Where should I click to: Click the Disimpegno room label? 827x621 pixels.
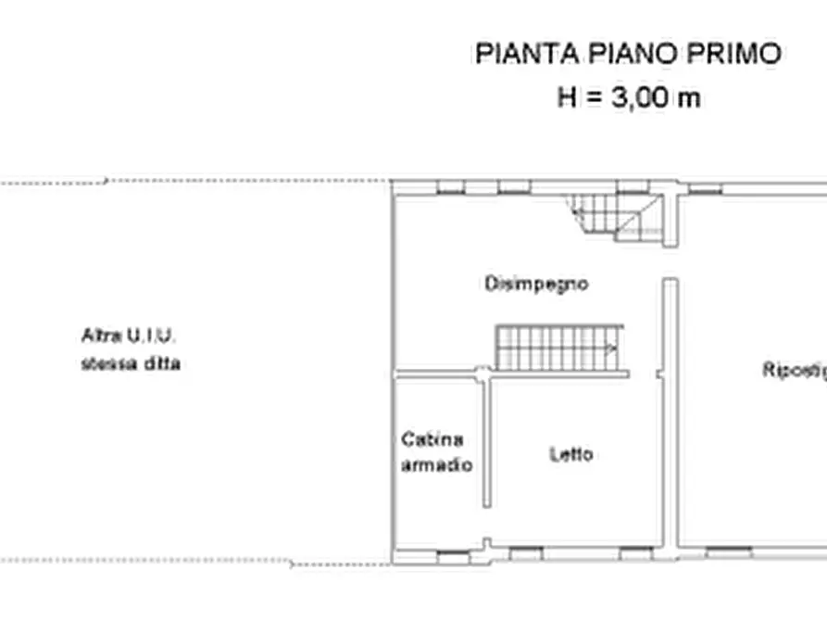coord(536,284)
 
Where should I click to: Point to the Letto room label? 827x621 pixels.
coord(571,454)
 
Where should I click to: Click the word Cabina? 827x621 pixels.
coord(432,438)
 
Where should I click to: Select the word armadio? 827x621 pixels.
coord(436,464)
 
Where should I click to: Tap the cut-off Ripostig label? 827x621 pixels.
coord(794,370)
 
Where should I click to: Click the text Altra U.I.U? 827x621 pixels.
coord(129,335)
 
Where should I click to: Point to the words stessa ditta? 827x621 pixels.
coord(131,363)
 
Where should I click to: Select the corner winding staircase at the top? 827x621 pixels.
coord(616,217)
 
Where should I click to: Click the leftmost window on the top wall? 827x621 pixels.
coord(450,188)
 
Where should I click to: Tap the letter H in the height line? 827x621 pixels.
coord(567,97)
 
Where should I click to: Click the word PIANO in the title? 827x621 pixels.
coord(631,54)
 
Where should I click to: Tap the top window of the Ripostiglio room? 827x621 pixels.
coord(704,188)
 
